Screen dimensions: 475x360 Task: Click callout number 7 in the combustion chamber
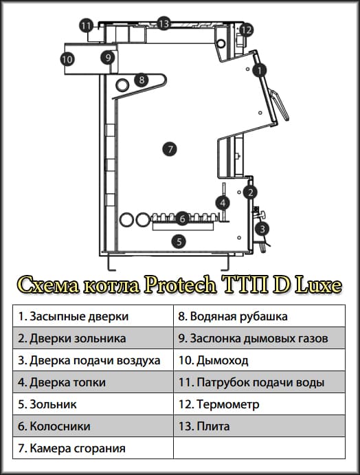click(170, 148)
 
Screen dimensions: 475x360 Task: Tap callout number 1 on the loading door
click(259, 69)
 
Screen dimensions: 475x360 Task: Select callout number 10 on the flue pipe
click(67, 60)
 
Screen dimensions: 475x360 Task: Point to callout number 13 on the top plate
click(163, 23)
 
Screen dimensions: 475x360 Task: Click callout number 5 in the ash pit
click(179, 241)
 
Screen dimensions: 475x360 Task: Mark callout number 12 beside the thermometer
click(246, 30)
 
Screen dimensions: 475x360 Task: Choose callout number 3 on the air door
click(262, 229)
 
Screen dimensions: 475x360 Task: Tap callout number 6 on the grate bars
click(182, 218)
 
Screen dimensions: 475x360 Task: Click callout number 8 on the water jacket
click(141, 80)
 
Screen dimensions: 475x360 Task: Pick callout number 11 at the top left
click(86, 26)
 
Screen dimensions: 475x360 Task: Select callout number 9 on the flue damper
click(108, 58)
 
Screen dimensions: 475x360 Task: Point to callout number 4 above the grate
click(223, 203)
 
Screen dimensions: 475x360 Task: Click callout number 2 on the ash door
click(251, 192)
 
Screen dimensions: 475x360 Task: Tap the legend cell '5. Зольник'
click(93, 405)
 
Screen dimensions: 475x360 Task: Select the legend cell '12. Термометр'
click(260, 405)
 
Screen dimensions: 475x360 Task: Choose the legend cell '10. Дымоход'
click(260, 360)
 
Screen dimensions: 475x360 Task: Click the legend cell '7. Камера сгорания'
click(93, 448)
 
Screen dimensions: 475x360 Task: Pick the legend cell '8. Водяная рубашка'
click(260, 316)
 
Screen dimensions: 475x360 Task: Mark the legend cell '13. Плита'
click(260, 426)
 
